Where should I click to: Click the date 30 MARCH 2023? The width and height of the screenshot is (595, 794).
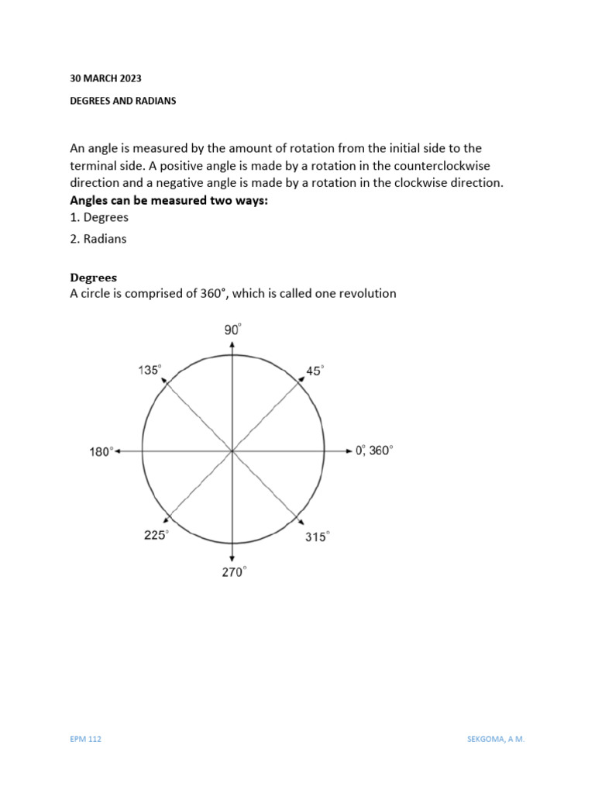(106, 78)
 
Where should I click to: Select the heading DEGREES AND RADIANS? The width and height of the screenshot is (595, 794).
(123, 101)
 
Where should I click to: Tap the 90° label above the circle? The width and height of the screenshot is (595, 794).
(233, 330)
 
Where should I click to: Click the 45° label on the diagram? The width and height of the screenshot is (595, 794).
(315, 371)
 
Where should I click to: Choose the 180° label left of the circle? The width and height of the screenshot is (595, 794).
(101, 451)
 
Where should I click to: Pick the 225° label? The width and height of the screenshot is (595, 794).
(155, 535)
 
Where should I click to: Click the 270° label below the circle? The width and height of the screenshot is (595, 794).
(233, 572)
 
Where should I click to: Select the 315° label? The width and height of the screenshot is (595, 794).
(316, 536)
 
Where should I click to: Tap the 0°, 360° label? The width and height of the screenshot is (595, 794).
(374, 451)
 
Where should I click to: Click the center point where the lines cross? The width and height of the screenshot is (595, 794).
(232, 451)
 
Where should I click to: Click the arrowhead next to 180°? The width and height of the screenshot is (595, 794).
(119, 451)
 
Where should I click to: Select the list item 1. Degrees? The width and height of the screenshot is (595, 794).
(99, 218)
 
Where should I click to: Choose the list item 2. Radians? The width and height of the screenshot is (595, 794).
(98, 239)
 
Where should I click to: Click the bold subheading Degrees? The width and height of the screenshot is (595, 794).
(93, 277)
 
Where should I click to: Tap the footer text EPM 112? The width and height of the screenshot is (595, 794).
(86, 739)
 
